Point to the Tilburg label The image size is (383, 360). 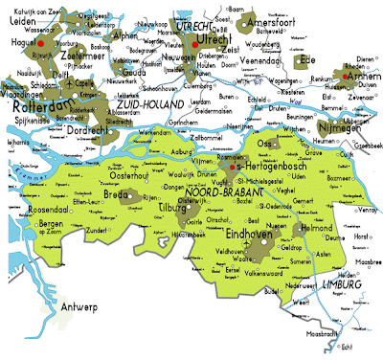pyautogui.click(x=167, y=207)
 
